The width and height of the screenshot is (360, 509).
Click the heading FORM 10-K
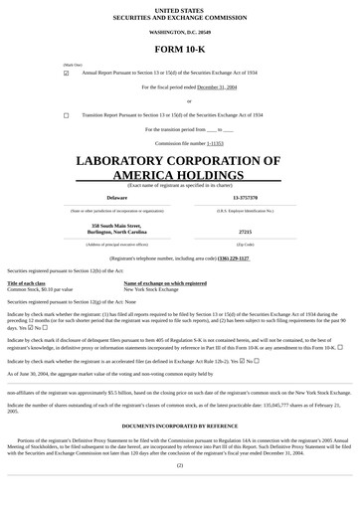click(179, 50)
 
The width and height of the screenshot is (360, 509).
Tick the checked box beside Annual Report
click(67, 73)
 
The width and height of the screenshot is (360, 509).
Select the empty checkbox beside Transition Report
click(67, 115)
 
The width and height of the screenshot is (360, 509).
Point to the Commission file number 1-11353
click(215, 143)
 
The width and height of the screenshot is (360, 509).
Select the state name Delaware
click(116, 198)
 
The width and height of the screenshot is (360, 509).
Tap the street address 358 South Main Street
click(116, 226)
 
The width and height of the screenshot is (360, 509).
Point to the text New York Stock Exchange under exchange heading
click(151, 289)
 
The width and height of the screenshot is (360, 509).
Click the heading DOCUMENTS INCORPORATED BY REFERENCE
click(179, 425)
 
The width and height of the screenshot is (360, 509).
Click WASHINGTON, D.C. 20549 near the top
click(179, 33)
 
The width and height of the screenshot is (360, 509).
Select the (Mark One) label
click(73, 65)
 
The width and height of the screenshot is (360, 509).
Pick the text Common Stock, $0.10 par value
click(40, 289)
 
